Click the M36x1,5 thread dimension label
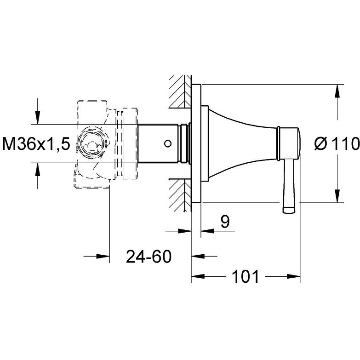pos(36,144)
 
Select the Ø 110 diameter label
pos(337,144)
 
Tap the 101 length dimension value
pos(246,276)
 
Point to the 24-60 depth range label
pos(149,256)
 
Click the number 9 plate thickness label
pos(225,222)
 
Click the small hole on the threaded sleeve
pos(168,144)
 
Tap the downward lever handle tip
pos(289,210)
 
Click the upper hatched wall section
pos(180,92)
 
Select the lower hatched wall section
pos(180,195)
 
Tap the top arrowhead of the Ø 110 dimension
pos(337,91)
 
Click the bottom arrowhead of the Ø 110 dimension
pos(337,196)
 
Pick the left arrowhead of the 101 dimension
pos(198,276)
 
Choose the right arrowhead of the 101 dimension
pos(294,276)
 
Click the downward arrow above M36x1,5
pos(38,118)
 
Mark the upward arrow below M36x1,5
pos(38,170)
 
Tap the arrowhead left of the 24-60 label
pos(103,256)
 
